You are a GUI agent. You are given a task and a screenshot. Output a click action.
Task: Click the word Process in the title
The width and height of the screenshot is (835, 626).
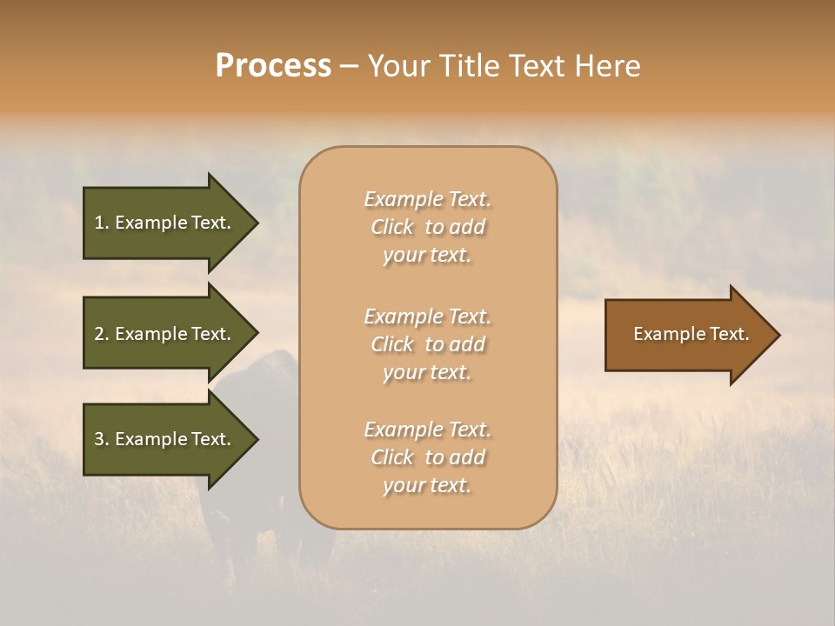(273, 66)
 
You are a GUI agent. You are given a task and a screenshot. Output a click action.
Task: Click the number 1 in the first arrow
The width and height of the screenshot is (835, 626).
(99, 223)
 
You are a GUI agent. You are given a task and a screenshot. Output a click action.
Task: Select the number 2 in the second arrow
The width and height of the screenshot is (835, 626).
(99, 334)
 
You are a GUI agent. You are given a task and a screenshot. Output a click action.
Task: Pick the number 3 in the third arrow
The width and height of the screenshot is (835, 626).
(99, 439)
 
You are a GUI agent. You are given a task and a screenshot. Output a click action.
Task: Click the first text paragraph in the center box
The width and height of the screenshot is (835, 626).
(427, 227)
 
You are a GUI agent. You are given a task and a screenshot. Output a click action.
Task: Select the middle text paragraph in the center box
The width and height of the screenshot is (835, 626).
(427, 344)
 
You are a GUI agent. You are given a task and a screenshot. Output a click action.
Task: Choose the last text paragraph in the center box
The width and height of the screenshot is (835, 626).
(427, 457)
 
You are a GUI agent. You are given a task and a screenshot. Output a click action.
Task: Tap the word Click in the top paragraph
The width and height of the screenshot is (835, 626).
(392, 227)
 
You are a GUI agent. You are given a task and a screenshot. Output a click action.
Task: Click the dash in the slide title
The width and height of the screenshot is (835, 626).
(349, 66)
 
